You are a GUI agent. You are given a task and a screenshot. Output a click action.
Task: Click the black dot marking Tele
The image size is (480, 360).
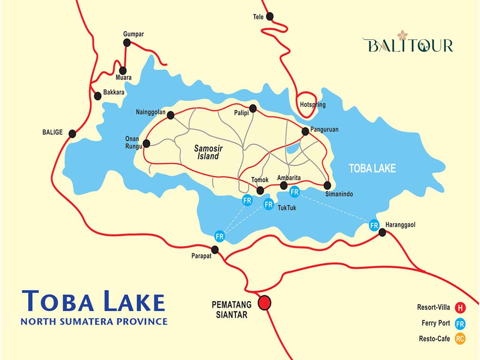[270, 16]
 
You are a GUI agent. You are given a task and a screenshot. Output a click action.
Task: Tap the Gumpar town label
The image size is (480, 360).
[133, 34]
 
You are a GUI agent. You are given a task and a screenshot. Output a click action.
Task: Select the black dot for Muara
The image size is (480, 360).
[123, 70]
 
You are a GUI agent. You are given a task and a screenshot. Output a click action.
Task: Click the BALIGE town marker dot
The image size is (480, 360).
[72, 134]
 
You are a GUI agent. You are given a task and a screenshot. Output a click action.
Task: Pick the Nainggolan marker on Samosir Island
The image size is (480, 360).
[171, 115]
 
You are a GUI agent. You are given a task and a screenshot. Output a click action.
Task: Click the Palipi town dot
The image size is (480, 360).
[253, 108]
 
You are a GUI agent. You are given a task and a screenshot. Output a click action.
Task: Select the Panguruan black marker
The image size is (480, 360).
[305, 131]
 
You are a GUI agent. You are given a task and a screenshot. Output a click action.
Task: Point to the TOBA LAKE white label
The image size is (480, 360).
[372, 168]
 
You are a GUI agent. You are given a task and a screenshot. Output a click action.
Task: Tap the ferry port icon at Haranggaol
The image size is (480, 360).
[374, 225]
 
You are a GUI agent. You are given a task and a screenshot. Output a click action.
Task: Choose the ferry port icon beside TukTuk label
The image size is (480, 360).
[269, 204]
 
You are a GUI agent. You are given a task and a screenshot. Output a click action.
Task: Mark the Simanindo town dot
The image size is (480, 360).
[328, 185]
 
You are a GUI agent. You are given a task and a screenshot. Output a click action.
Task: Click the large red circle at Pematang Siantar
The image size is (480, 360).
[265, 302]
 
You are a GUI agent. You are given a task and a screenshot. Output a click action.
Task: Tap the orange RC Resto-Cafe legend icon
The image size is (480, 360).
[460, 339]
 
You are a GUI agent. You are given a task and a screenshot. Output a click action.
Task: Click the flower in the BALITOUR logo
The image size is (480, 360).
[402, 35]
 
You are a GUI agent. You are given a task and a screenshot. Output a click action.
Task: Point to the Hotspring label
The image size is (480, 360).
[313, 105]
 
